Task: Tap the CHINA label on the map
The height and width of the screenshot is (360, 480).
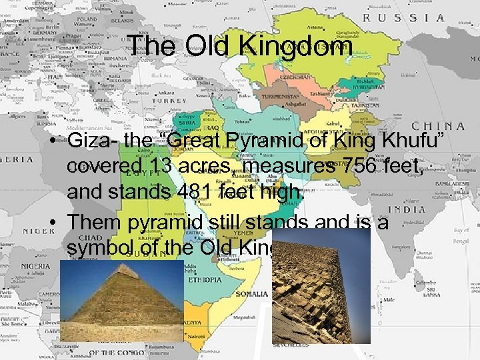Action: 437,125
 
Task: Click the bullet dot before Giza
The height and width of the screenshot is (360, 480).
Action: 59,141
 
